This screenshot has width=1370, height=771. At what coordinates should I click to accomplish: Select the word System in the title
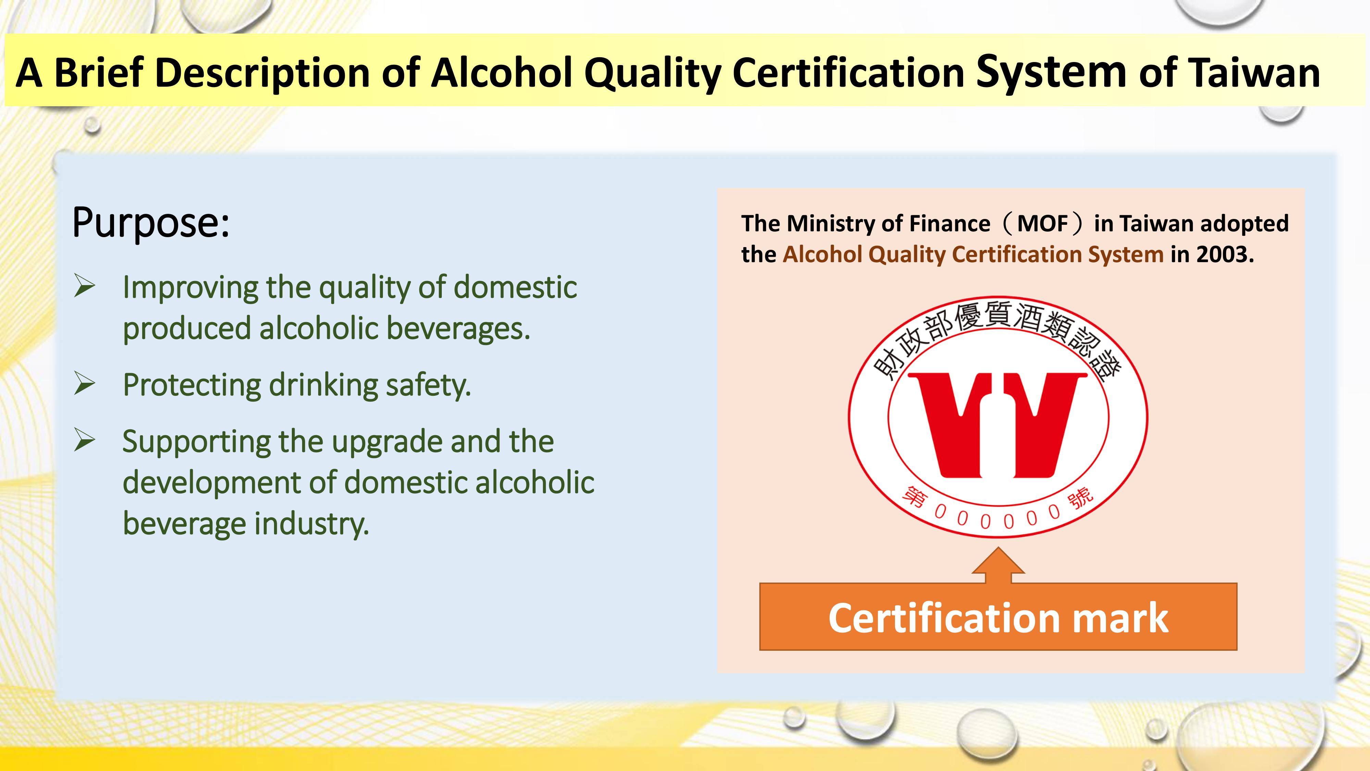1051,72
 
